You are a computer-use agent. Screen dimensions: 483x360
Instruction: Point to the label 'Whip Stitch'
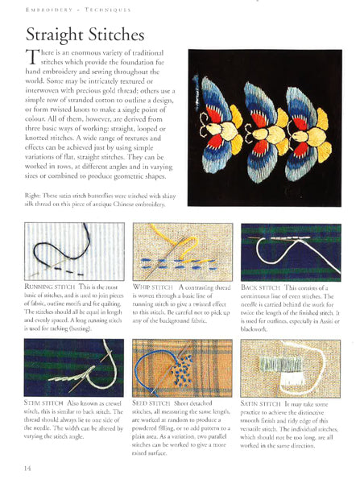pos(154,286)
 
